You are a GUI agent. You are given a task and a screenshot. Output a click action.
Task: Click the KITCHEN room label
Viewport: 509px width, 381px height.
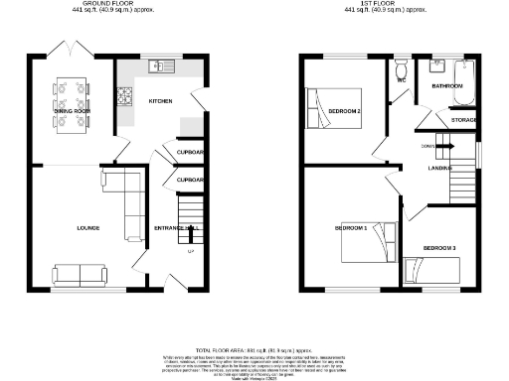coord(161,101)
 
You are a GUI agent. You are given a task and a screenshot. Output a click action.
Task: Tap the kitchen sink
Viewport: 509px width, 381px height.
coord(159,67)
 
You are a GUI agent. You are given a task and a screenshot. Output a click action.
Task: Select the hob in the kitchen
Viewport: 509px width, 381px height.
coord(127,96)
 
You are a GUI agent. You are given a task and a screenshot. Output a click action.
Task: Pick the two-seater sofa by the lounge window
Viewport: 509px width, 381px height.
coord(79,274)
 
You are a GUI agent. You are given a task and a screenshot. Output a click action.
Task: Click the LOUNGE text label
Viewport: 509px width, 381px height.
coord(87,227)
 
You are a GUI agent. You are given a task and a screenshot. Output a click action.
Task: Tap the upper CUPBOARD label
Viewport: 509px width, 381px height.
coord(190,153)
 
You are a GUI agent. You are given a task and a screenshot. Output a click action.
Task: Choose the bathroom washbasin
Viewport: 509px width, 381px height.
coord(437,67)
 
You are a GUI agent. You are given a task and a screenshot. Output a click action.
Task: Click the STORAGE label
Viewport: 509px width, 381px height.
coord(463,119)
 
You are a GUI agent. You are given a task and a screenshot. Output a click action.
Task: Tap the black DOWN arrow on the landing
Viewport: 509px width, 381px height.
coord(444,146)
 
